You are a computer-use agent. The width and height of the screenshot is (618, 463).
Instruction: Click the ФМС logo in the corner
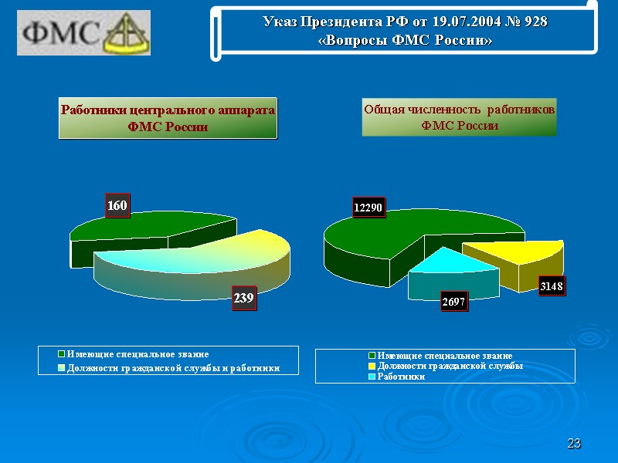84,32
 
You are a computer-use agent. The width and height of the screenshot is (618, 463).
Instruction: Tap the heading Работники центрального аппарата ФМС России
168,118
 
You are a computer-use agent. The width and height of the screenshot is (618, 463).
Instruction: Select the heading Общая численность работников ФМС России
459,117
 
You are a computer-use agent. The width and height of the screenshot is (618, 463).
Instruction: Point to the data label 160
117,206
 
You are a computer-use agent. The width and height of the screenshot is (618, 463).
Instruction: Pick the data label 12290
368,208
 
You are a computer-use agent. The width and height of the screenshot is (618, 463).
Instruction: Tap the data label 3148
552,287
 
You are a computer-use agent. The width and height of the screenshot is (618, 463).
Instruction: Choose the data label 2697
453,302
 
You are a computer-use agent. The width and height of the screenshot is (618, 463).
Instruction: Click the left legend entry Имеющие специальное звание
137,354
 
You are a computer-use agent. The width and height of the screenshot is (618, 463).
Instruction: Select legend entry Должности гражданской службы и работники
172,367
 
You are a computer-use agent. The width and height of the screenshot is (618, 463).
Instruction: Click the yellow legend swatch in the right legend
372,366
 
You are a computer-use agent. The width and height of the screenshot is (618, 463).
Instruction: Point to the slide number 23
573,444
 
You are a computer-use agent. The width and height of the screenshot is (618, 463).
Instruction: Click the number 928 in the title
535,22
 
